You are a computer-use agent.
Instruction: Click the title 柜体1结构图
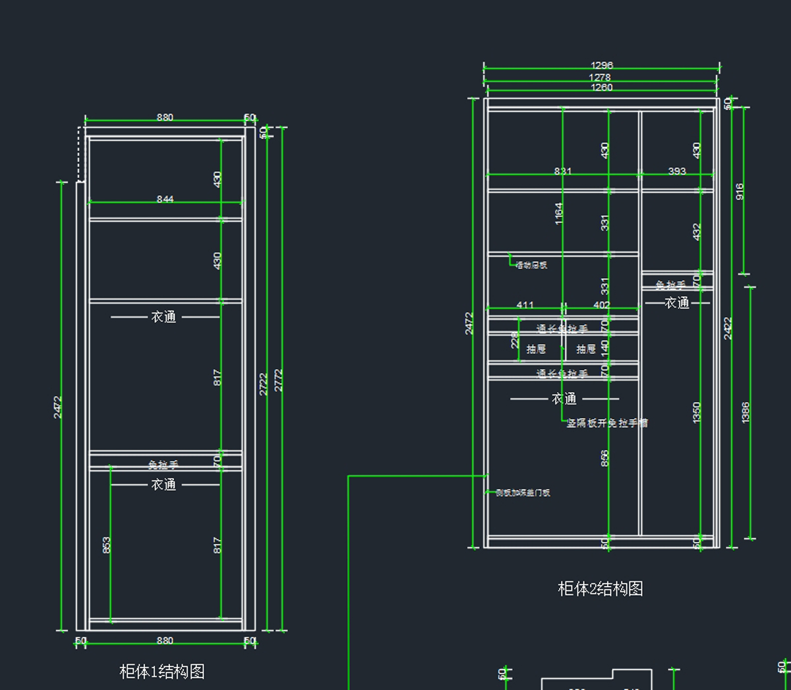click(x=162, y=672)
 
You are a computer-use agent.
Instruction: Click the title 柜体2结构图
click(x=601, y=589)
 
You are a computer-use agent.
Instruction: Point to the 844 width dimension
click(x=165, y=199)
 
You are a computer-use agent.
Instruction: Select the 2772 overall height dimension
click(x=279, y=380)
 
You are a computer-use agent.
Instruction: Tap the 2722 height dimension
click(x=264, y=384)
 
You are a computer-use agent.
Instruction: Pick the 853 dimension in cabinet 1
click(x=107, y=545)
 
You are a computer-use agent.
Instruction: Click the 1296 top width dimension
click(x=601, y=65)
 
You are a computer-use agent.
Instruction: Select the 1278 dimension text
click(x=600, y=77)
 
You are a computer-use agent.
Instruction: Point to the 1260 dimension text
click(x=601, y=87)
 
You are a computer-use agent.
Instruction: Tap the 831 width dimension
click(x=563, y=171)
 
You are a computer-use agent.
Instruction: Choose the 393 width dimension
click(x=677, y=171)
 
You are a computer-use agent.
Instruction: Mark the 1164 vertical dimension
click(x=559, y=214)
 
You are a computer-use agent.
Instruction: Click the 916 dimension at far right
click(x=740, y=191)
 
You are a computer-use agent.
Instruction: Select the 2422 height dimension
click(x=728, y=328)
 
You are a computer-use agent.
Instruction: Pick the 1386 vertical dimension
click(x=746, y=413)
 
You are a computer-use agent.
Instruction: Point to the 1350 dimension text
click(x=697, y=413)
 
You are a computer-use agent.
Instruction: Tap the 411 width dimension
click(x=525, y=305)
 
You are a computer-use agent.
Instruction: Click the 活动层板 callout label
click(x=531, y=265)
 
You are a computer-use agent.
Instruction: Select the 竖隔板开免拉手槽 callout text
click(x=607, y=423)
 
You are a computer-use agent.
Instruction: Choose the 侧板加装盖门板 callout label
click(x=523, y=492)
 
